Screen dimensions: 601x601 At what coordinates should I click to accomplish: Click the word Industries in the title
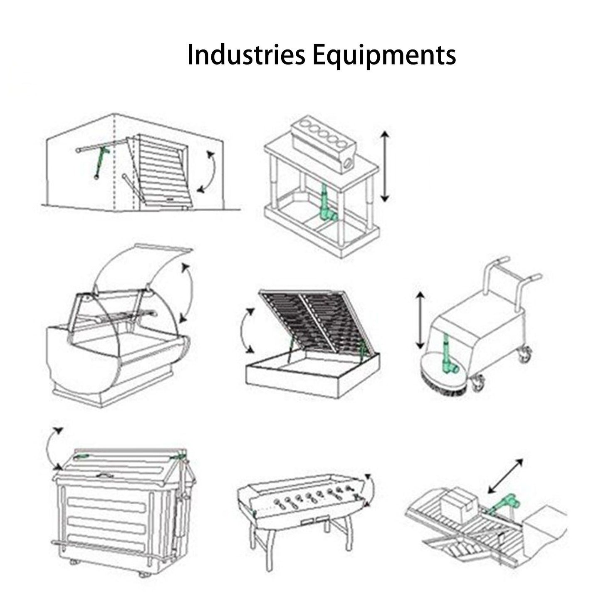[246, 55]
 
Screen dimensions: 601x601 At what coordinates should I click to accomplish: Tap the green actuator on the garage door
[101, 163]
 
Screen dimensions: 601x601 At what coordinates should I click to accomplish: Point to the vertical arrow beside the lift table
[386, 166]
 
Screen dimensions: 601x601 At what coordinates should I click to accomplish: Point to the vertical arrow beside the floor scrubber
[421, 320]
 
